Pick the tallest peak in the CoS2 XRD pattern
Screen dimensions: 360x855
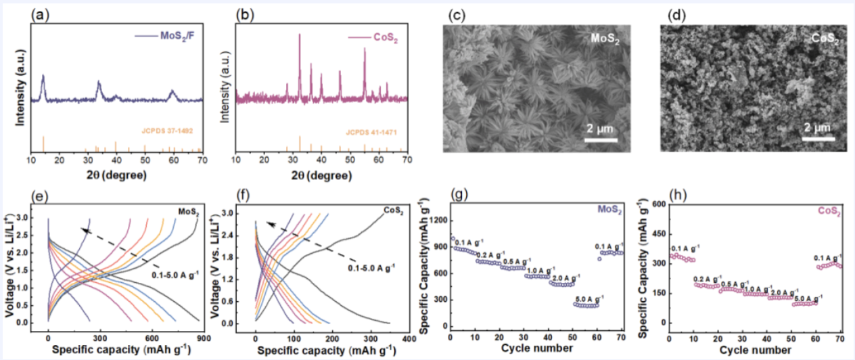300,35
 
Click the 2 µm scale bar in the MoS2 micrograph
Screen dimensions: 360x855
600,140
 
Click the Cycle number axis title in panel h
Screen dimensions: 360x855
754,350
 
